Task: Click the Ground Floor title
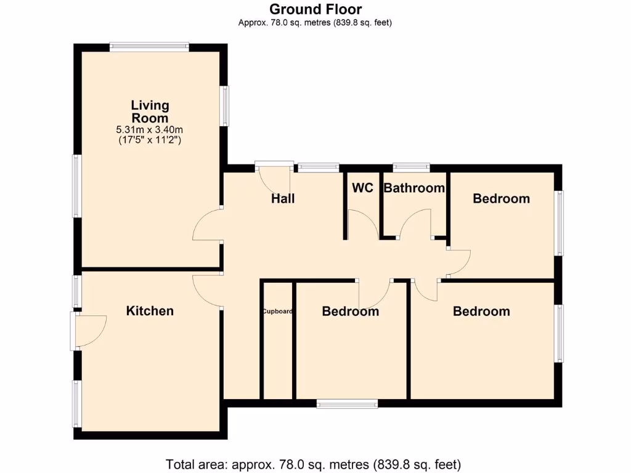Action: tap(315, 9)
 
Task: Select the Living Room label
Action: tap(150, 111)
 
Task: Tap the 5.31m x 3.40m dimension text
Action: tap(150, 130)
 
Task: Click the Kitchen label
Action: tap(150, 311)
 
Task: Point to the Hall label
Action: tap(283, 198)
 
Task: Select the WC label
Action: tap(362, 188)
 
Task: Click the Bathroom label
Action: tap(414, 188)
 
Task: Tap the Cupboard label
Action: tap(277, 312)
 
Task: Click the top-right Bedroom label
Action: tap(501, 198)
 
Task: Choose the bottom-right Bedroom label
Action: tap(481, 311)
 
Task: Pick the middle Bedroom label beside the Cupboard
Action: tap(350, 311)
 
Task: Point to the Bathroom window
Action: tap(412, 166)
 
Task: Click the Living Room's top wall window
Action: tap(149, 45)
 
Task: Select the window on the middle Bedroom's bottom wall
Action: tap(347, 404)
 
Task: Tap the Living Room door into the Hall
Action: tap(207, 225)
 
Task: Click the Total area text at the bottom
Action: tap(314, 464)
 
